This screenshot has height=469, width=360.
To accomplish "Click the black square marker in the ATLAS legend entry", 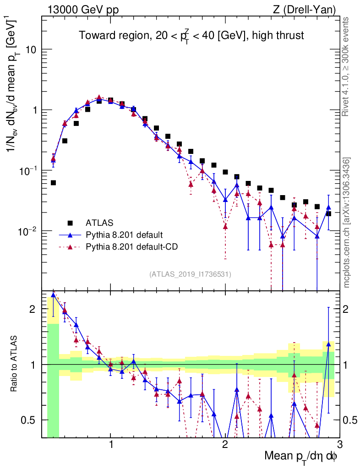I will pos(70,223).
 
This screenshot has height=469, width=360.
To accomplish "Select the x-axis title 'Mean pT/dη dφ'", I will pos(301,457).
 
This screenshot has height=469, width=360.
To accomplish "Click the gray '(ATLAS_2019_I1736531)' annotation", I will pos(190,274).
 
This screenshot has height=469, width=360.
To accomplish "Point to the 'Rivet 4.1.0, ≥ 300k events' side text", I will pos(347,67).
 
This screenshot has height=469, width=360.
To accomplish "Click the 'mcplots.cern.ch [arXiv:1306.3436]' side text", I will pos(347,223).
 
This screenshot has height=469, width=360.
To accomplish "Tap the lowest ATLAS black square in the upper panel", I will pos(54,182).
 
